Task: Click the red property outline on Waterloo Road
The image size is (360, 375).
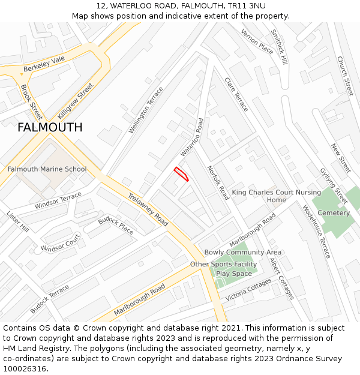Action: click(181, 174)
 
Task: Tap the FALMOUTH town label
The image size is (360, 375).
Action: click(50, 127)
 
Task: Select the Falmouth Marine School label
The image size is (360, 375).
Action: click(47, 169)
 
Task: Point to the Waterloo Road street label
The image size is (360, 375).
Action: click(193, 137)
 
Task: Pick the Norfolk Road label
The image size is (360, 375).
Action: click(218, 183)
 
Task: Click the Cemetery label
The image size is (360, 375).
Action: click(334, 213)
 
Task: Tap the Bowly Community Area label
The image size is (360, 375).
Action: click(243, 253)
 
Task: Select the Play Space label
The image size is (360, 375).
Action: click(234, 274)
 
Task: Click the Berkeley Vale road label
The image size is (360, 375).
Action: click(44, 65)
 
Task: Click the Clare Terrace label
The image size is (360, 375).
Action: click(236, 94)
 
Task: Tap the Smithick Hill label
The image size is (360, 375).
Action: click(280, 47)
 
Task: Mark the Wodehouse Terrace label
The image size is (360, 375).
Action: click(316, 232)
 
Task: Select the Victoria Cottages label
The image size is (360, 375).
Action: click(248, 290)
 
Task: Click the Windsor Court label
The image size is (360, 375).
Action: click(61, 243)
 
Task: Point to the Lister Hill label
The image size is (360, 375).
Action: click(17, 221)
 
